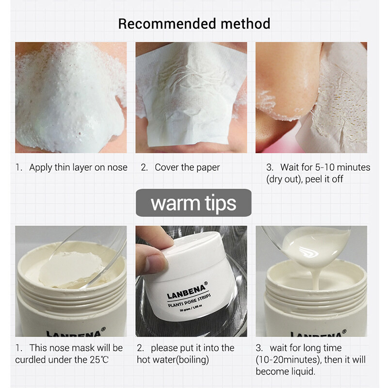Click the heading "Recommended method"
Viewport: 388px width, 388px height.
click(194, 24)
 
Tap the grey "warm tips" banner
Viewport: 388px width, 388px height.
click(194, 203)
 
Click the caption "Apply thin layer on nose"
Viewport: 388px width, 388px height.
click(78, 167)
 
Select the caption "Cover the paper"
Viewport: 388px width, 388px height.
click(187, 167)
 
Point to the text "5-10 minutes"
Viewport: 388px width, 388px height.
click(342, 167)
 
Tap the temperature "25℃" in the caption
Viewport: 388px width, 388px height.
click(99, 359)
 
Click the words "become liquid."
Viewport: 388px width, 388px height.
click(286, 372)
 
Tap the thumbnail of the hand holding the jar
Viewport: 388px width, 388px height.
click(191, 281)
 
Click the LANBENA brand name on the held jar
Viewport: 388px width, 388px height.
click(186, 292)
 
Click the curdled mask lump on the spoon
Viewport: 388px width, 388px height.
click(72, 270)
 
